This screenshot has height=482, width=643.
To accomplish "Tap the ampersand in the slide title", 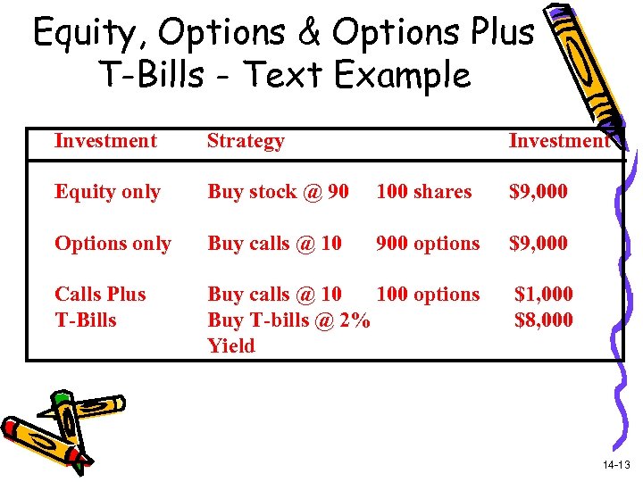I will pyautogui.click(x=309, y=32).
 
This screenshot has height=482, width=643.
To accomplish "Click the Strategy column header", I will pyautogui.click(x=246, y=140).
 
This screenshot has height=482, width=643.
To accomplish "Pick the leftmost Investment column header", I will pyautogui.click(x=105, y=140).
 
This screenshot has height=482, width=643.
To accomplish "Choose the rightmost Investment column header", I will pyautogui.click(x=558, y=140).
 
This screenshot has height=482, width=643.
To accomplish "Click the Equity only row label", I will pyautogui.click(x=107, y=192).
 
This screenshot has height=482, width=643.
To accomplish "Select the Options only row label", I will pyautogui.click(x=113, y=244).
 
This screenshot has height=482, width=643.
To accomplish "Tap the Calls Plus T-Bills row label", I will pyautogui.click(x=99, y=306).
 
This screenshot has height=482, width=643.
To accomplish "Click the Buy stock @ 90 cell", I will pyautogui.click(x=278, y=192).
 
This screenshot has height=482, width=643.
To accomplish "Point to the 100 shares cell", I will pyautogui.click(x=423, y=192).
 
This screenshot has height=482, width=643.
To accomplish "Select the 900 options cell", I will pyautogui.click(x=428, y=244).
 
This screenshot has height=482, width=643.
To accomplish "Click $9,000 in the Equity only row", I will pyautogui.click(x=538, y=192).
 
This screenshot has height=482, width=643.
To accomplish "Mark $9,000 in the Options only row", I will pyautogui.click(x=538, y=244).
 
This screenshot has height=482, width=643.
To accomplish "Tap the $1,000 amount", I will pyautogui.click(x=544, y=294).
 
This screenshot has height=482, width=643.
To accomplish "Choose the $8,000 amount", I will pyautogui.click(x=544, y=320).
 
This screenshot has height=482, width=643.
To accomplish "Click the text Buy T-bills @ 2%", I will pyautogui.click(x=288, y=320).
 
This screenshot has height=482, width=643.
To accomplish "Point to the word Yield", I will pyautogui.click(x=231, y=345).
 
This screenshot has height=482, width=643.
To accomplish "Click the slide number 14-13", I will pyautogui.click(x=615, y=464).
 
